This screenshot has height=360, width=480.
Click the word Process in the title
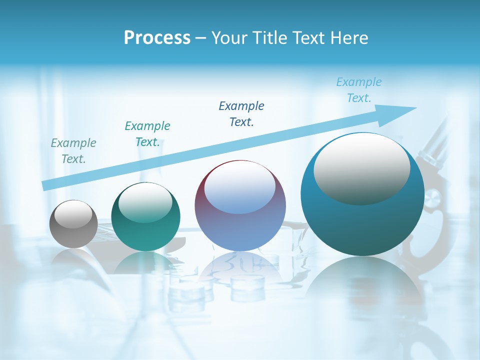click(x=157, y=37)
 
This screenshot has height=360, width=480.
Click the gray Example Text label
click(x=73, y=151)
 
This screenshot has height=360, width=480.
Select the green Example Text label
click(x=147, y=134)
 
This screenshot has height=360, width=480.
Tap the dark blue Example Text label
click(x=241, y=113)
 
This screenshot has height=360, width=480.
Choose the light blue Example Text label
click(x=358, y=90)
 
